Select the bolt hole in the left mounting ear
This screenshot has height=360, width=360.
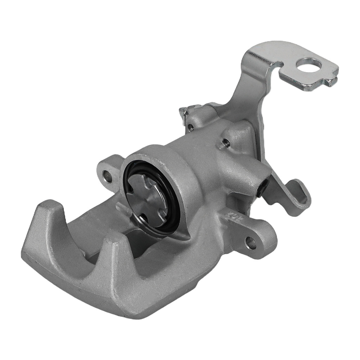[107, 176]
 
